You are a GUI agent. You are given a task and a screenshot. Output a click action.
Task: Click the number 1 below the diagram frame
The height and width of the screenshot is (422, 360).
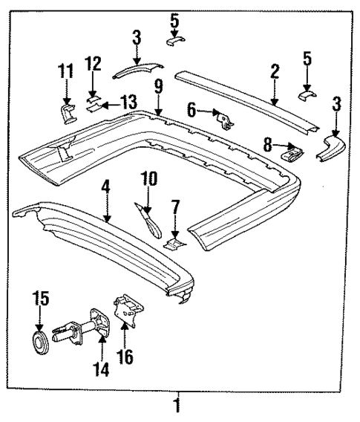pos(177,406)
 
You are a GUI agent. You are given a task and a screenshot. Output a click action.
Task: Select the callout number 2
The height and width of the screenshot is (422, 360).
pos(275,72)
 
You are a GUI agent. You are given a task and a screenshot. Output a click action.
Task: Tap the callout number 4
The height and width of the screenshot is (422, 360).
pos(106,189)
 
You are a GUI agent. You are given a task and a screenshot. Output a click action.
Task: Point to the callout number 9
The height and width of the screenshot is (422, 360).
pos(157,87)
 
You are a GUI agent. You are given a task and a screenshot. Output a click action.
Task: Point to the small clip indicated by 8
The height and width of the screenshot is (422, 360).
pos(294,154)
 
